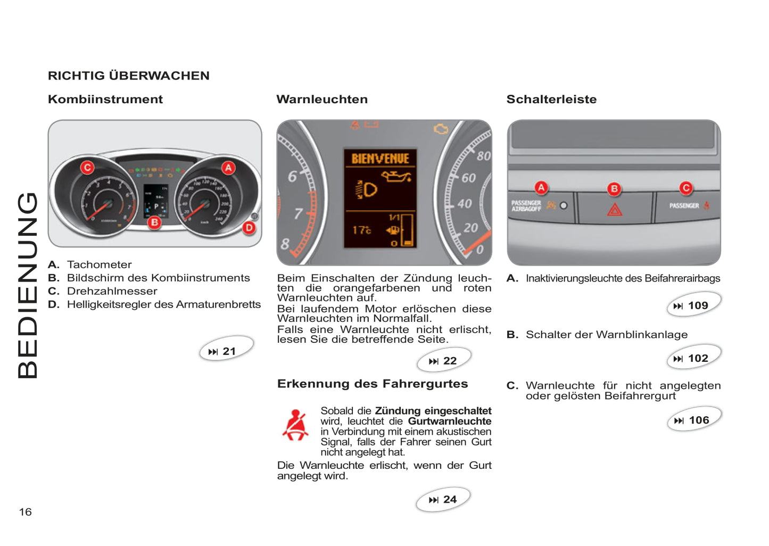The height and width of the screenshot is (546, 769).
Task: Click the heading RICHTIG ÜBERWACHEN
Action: coord(128,76)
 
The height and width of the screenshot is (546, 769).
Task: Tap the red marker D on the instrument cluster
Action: coord(249,228)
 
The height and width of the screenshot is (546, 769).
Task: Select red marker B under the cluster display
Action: coord(154,222)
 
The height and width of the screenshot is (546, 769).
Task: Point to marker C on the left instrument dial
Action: coord(87,168)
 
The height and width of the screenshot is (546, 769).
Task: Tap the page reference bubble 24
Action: coord(443,500)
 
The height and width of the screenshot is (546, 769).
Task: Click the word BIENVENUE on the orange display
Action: coord(380,159)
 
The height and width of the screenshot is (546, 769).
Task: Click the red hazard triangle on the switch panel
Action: coord(615,210)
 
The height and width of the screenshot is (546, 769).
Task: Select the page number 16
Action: coord(26,512)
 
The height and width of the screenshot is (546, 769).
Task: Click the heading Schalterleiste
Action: coord(551,100)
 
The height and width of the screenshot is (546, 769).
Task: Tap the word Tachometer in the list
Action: coord(100,264)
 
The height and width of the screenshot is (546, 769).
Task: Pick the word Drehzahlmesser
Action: coord(112,291)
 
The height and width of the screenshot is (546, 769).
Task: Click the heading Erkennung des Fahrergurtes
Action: coord(373,384)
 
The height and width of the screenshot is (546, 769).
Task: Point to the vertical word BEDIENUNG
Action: coord(28,286)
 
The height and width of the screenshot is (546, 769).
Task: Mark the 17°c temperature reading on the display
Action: coord(361,230)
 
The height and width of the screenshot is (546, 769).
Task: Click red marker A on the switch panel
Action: coord(541,187)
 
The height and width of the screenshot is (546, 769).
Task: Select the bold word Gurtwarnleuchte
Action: coord(450,421)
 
